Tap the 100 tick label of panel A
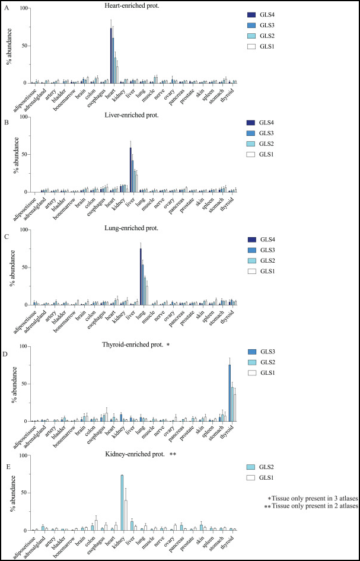tap(23, 8)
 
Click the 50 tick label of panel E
tap(24, 493)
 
